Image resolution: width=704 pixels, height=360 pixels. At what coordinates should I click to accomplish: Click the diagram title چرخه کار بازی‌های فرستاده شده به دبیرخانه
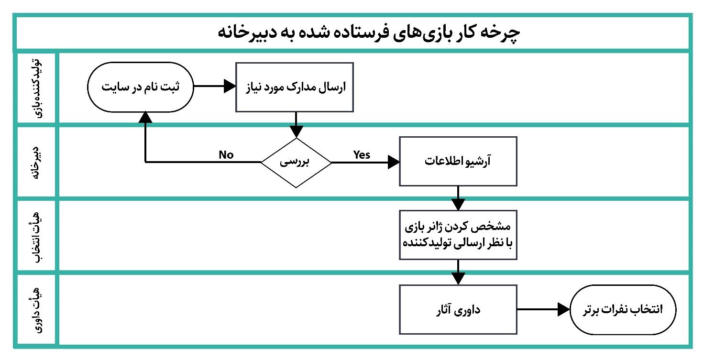[x=369, y=33]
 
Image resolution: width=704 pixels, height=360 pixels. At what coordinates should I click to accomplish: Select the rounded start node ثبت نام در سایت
[x=141, y=87]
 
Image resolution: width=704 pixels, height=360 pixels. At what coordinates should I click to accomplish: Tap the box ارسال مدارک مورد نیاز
[x=295, y=87]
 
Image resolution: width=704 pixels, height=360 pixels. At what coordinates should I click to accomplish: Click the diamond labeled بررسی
[x=296, y=163]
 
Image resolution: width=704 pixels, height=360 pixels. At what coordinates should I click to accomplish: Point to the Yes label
[x=362, y=154]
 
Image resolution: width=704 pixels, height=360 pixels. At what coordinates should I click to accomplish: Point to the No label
[x=226, y=154]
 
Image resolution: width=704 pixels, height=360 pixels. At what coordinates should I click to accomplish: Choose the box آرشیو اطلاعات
[x=458, y=162]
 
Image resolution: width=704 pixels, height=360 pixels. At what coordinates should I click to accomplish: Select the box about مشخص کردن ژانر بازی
[x=458, y=235]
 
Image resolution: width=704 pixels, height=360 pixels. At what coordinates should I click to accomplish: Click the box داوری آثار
[x=458, y=310]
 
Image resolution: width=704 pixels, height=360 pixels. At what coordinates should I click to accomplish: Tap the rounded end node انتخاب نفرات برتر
[x=623, y=310]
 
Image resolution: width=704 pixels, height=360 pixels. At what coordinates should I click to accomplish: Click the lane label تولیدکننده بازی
[x=37, y=88]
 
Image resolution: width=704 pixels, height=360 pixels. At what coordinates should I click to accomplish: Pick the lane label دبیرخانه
[x=37, y=163]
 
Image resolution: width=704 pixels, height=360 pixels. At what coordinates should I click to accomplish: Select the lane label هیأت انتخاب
[x=37, y=236]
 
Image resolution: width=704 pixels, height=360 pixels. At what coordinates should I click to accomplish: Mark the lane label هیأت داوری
[x=37, y=310]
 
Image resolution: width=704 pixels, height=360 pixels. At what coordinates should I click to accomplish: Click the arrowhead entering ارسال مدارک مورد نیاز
[x=230, y=86]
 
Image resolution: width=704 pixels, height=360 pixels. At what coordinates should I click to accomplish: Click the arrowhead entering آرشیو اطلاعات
[x=394, y=163]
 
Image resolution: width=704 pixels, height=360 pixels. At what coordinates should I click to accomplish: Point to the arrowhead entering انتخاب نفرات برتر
[x=564, y=309]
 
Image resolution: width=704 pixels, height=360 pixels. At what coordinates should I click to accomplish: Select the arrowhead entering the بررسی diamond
[x=296, y=131]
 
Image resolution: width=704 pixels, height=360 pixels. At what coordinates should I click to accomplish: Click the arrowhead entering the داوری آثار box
[x=458, y=279]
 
